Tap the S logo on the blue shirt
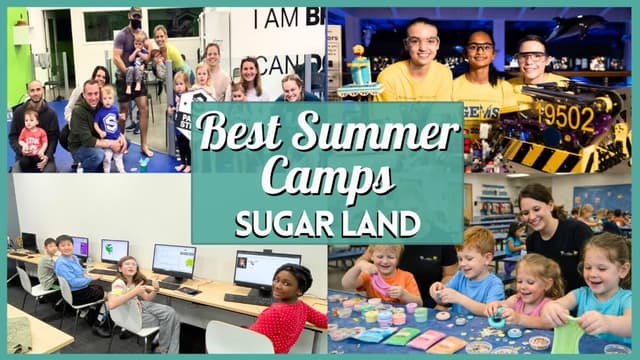[x=107, y=124]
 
